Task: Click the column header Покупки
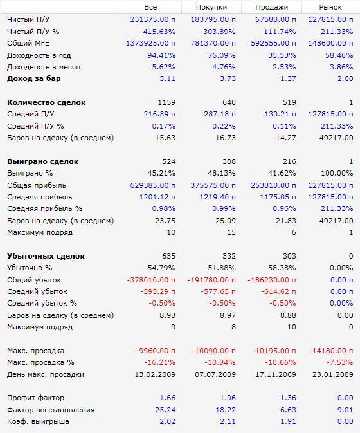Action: (212, 7)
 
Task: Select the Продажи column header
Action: (272, 7)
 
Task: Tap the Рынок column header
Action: (330, 7)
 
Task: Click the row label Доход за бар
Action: (34, 78)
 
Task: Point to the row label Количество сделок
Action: (46, 102)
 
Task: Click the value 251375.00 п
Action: (153, 19)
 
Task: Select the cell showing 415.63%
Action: (159, 32)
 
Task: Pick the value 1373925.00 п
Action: (150, 43)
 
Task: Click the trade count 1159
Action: (166, 102)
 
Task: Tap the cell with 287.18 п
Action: (220, 114)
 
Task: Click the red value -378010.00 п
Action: (151, 280)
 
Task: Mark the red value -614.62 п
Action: (278, 291)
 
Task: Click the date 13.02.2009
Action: (155, 374)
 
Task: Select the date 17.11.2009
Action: (276, 374)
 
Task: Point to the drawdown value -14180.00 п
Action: (331, 351)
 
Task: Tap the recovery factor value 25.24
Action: (165, 410)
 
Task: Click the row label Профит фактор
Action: (35, 398)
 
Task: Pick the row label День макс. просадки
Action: (46, 374)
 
